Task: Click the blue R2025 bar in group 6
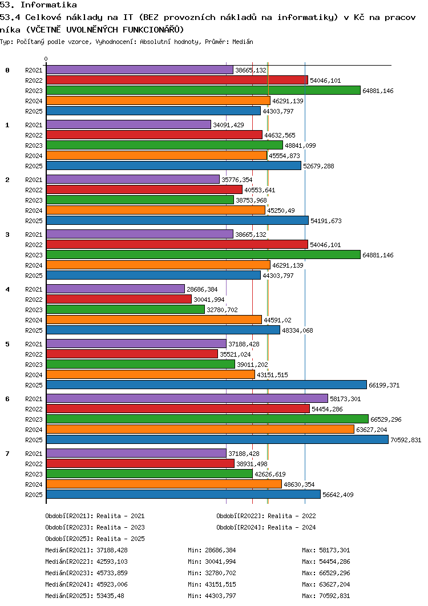pos(217,439)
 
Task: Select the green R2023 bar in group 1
pos(164,145)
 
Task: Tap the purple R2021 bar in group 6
pos(187,398)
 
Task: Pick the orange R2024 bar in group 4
pos(154,320)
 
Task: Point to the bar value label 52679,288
pos(320,166)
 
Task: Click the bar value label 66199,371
pos(385,385)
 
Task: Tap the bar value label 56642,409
pos(340,495)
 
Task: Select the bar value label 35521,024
pos(236,354)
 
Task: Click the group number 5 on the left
pos(7,344)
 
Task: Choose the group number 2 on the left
pos(7,180)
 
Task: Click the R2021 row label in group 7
pos(34,454)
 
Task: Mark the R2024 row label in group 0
pos(34,101)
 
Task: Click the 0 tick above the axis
pos(46,59)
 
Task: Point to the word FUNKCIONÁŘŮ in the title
pos(155,29)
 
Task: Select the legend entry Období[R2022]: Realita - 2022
pos(266,516)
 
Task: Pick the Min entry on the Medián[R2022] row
pos(212,561)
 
